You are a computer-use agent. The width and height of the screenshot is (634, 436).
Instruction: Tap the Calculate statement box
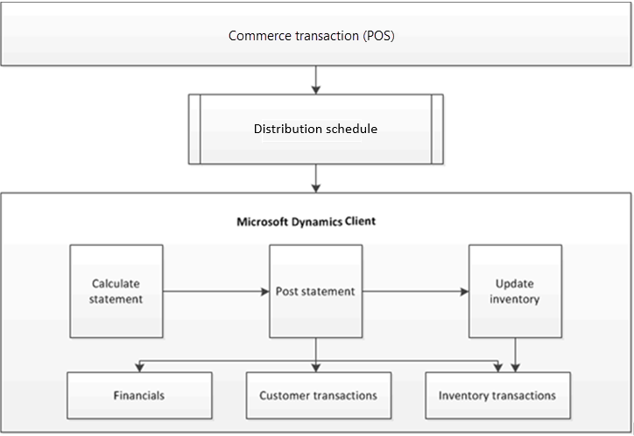[116, 292]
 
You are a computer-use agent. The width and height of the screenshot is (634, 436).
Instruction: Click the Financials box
[139, 396]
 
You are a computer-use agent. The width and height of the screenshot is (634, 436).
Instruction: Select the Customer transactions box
[318, 396]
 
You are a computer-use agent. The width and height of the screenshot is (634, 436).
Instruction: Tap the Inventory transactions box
[497, 396]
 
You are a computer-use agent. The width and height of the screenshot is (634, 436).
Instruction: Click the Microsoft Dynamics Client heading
[306, 222]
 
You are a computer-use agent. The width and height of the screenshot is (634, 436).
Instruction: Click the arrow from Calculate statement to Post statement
[215, 292]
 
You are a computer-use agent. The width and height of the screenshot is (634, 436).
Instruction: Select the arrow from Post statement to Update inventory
[416, 292]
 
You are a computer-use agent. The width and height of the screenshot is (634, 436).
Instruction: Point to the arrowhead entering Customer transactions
[316, 367]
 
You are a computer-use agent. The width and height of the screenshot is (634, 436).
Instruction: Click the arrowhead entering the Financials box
[137, 367]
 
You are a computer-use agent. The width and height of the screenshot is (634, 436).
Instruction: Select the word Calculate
[116, 284]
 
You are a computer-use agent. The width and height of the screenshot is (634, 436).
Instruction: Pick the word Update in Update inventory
[514, 284]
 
